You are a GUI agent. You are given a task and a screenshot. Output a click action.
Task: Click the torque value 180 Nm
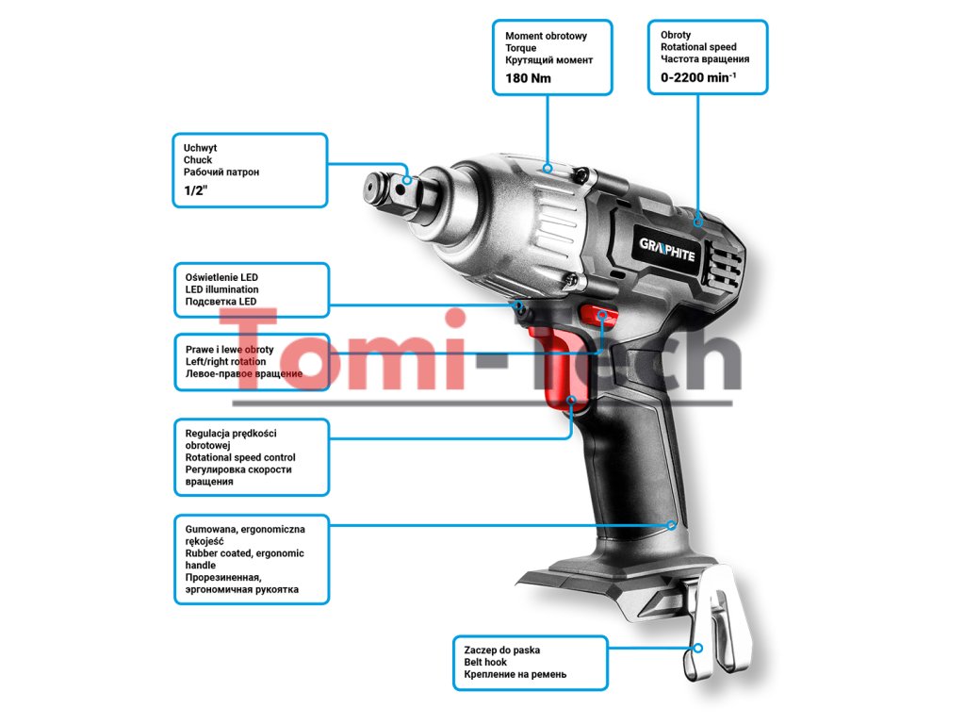coord(528,78)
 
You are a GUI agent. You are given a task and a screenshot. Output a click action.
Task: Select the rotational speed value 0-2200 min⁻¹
coord(698,77)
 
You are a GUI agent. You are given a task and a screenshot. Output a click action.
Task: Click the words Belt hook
coord(485,663)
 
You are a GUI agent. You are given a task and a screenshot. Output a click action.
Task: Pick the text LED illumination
coord(221,289)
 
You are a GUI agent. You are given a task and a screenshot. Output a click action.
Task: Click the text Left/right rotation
coord(225,362)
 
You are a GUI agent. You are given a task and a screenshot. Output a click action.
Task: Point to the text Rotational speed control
coord(240,457)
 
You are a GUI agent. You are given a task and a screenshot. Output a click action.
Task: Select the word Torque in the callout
coord(520,48)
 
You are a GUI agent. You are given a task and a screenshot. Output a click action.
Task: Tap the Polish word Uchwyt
coord(200,148)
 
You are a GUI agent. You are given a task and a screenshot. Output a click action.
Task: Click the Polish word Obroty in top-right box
coord(676,35)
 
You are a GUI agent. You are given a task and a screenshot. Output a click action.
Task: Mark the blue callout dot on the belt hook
coord(698,648)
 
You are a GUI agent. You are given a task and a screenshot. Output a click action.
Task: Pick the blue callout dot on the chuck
coord(406,180)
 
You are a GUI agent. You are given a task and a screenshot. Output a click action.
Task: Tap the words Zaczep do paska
coord(502,650)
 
